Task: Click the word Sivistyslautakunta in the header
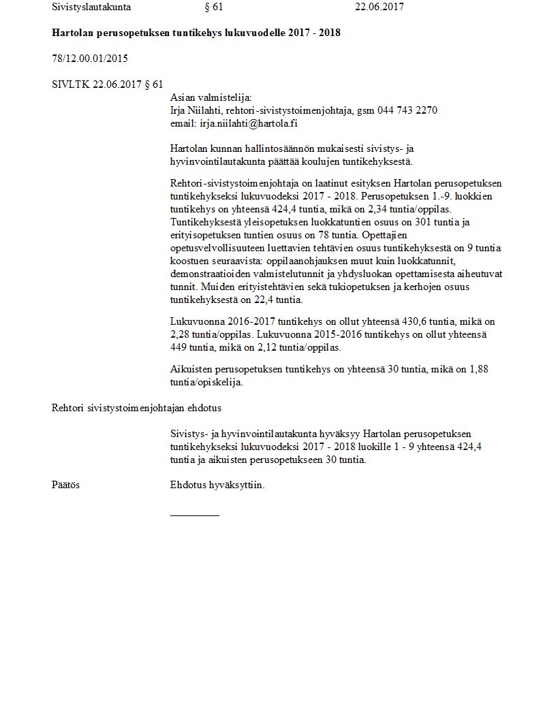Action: coord(91,7)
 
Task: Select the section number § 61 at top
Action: coord(213,7)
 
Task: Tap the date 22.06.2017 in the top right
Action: coord(380,7)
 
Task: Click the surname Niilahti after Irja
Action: coord(202,110)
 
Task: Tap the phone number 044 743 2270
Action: coord(407,110)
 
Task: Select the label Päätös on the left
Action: coord(65,485)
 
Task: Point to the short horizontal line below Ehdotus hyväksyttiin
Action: coord(195,515)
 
